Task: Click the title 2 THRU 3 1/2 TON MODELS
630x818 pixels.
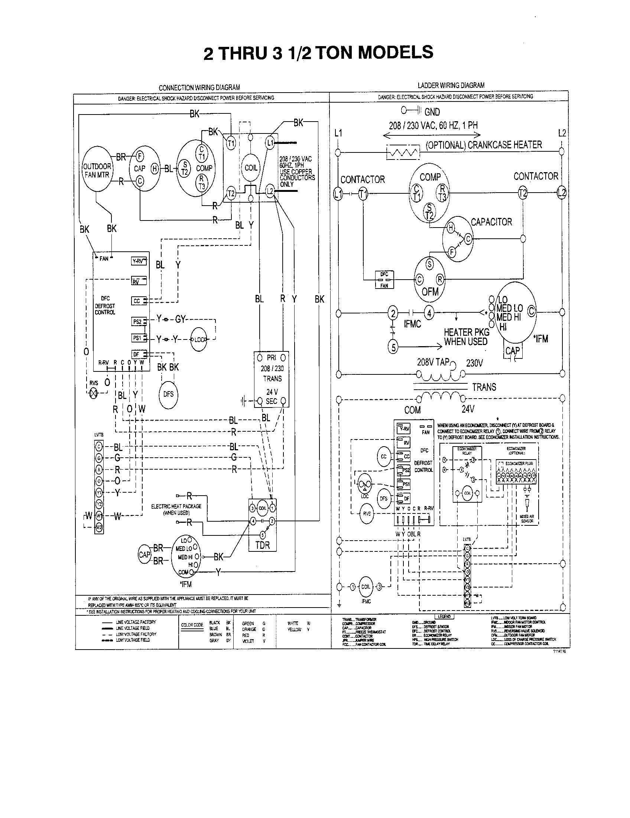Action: click(318, 53)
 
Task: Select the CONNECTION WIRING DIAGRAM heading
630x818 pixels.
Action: click(199, 88)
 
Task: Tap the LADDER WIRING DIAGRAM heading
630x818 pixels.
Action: click(451, 86)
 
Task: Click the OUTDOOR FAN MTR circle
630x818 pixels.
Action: click(97, 170)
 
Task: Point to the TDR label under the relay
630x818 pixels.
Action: click(262, 545)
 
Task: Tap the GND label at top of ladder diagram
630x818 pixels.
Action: click(432, 112)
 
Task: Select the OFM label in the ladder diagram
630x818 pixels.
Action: click(430, 292)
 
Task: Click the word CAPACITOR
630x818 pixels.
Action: click(491, 222)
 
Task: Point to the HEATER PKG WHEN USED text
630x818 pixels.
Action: click(466, 337)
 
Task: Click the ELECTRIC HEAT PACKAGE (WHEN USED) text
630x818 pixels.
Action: click(176, 509)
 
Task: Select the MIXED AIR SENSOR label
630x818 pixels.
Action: click(527, 519)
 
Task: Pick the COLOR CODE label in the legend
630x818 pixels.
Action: click(192, 625)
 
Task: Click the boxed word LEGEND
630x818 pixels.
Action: click(444, 616)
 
